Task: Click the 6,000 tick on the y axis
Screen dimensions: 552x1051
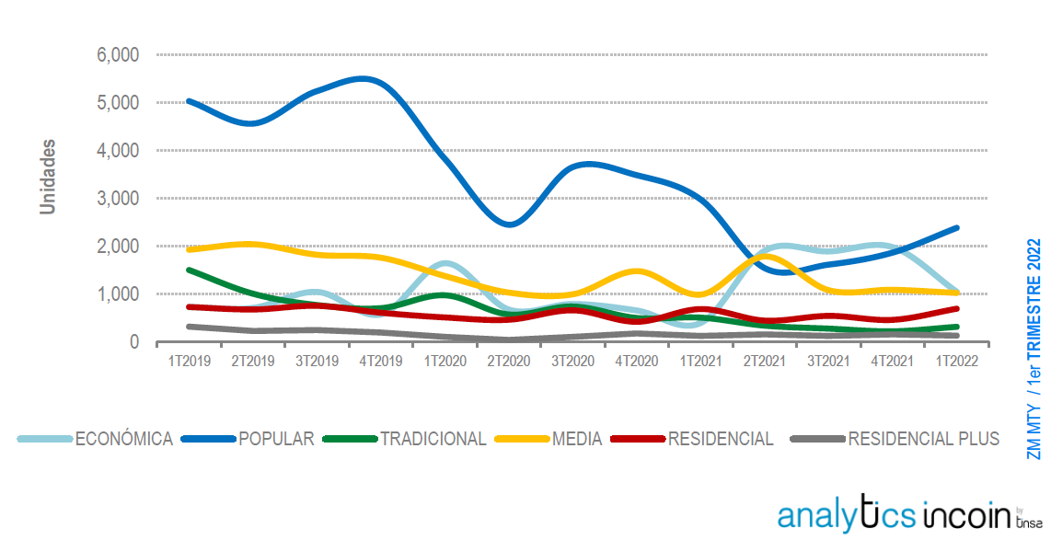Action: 118,55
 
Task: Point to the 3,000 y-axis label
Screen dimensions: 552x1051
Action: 118,199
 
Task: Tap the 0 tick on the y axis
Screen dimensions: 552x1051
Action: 133,342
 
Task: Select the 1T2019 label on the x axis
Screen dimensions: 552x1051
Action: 189,362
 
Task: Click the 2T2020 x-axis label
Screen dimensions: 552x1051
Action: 509,362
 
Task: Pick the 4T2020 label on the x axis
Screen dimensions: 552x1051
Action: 637,362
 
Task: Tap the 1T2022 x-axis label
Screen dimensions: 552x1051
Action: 956,362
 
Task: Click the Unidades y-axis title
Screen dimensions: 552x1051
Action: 48,177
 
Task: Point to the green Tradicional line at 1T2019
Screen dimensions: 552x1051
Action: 189,270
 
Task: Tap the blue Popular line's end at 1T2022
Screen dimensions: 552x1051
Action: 956,227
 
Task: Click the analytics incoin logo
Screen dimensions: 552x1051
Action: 909,515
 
